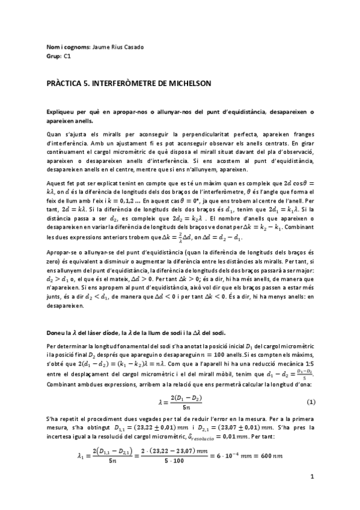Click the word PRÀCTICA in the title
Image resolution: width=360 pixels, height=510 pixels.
pos(64,83)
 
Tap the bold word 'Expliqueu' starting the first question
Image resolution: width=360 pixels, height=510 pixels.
pos(62,112)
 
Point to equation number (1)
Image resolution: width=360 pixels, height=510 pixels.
pos(311,401)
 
